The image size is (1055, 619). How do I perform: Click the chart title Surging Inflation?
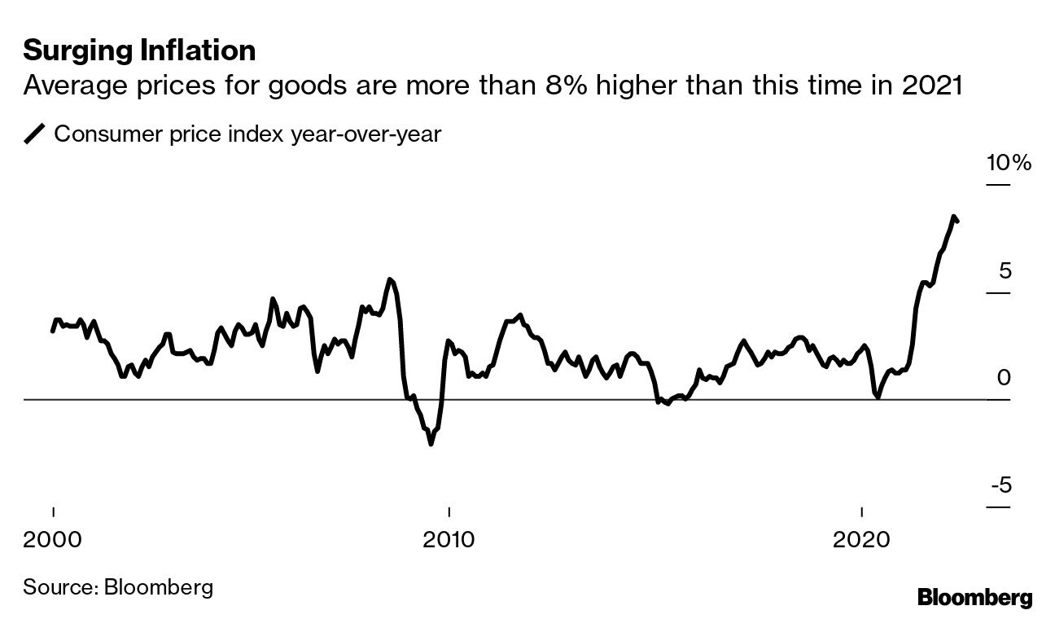139,50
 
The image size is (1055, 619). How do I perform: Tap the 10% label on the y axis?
1009,163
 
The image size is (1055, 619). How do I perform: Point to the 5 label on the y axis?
1005,270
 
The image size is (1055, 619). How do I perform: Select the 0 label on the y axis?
1004,378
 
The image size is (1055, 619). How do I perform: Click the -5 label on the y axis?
1000,485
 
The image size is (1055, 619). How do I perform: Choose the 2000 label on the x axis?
53,539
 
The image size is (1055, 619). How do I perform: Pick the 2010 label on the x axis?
448,539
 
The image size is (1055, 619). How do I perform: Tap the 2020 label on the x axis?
861,539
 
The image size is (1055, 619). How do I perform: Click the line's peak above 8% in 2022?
952,217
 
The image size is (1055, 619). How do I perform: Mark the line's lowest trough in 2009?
431,444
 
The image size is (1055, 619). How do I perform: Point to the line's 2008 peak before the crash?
390,279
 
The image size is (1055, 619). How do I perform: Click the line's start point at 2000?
53,331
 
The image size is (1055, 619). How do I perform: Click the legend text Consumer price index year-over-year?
247,134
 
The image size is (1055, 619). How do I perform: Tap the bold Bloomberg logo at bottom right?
974,597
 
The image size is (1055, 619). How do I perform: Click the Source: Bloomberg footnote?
118,586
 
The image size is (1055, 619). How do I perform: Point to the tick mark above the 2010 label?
448,513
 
